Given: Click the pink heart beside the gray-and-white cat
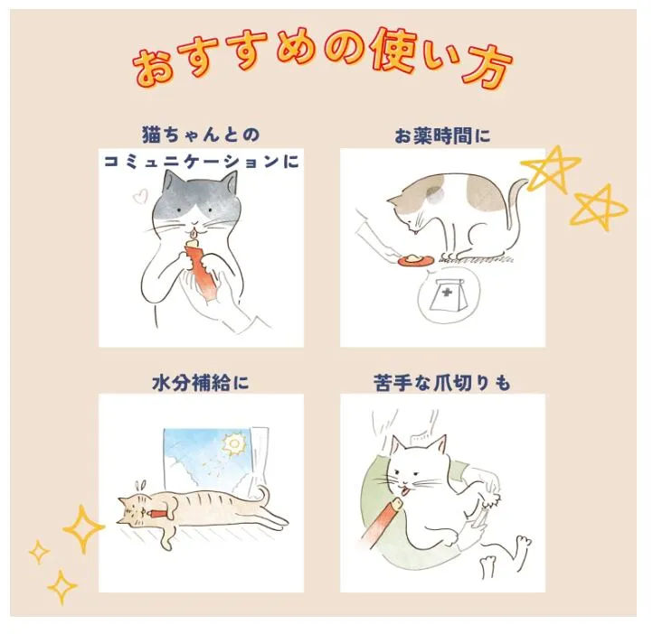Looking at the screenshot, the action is (x=140, y=196).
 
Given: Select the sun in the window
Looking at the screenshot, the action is (x=233, y=445).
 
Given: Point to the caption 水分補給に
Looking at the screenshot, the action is (x=201, y=383).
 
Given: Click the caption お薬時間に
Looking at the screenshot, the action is (x=442, y=136).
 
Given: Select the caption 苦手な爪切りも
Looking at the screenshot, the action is (x=442, y=383).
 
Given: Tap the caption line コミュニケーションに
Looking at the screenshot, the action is (x=201, y=161).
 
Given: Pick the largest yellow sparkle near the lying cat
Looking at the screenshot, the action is (x=83, y=529).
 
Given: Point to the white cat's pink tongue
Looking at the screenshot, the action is (x=403, y=491).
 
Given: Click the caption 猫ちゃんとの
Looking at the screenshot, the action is (x=201, y=135).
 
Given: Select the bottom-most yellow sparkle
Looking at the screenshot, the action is (x=62, y=587).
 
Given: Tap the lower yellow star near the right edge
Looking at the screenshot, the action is (x=599, y=207).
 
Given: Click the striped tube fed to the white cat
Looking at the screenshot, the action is (x=378, y=523).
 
